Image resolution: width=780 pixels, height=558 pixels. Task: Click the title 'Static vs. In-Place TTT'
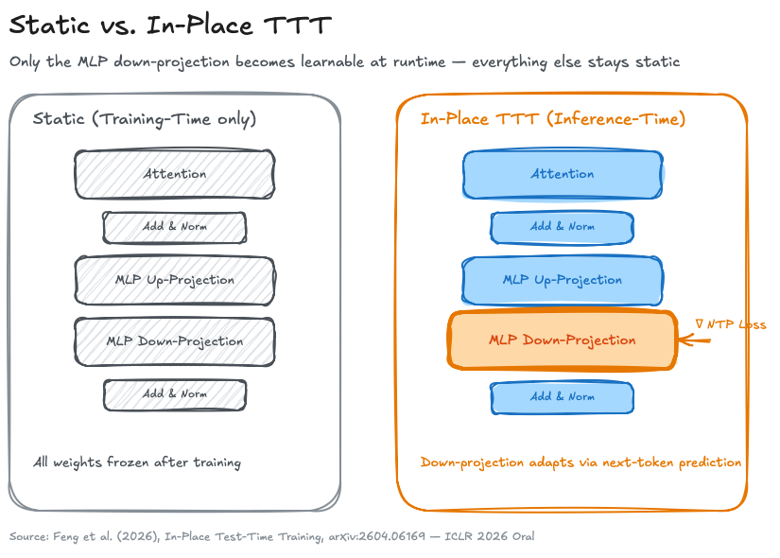170,26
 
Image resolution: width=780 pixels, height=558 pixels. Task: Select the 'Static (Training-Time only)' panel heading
145,119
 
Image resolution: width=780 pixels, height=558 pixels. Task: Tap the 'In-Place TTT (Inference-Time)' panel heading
552,119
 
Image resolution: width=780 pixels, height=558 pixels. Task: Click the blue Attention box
562,174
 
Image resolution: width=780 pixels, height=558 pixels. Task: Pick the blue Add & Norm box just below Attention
562,227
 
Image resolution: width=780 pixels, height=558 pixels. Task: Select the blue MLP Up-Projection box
562,280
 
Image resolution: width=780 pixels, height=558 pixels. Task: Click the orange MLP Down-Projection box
562,340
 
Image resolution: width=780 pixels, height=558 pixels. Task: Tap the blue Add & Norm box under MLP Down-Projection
562,396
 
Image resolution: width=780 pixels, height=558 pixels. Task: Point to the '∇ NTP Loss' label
730,324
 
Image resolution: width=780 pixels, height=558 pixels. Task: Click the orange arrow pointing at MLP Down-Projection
694,340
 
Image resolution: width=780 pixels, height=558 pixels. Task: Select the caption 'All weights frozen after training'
137,462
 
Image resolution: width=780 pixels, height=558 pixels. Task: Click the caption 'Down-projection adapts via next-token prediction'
580,462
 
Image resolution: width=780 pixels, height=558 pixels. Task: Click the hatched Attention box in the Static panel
174,174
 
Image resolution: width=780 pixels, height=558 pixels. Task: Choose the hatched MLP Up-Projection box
174,280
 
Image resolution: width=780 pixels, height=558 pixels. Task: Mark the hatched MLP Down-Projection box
174,340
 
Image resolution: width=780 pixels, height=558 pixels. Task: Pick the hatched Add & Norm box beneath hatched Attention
174,227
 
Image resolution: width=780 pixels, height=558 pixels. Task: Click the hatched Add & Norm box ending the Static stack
174,395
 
